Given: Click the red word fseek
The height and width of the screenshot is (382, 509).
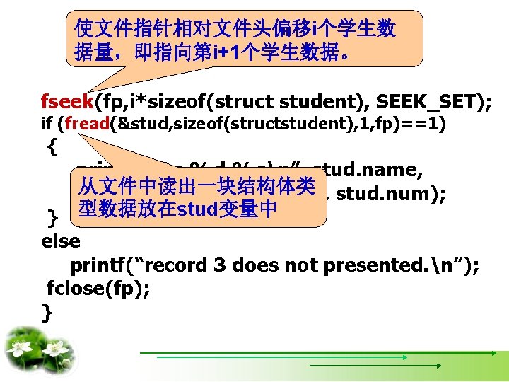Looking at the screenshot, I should tap(68, 103).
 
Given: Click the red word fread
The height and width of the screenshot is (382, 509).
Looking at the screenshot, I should tap(86, 125).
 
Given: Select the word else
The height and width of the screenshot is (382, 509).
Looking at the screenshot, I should tap(61, 241).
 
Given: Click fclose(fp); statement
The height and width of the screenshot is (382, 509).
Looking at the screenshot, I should tap(98, 289).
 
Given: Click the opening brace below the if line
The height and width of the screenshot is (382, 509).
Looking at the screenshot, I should tap(51, 147).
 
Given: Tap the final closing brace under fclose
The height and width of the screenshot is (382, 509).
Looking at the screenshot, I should tap(47, 312).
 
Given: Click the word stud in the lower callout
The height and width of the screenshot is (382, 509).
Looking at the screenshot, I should tap(197, 209).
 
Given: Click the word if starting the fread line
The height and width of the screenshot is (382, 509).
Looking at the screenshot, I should tap(48, 125).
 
